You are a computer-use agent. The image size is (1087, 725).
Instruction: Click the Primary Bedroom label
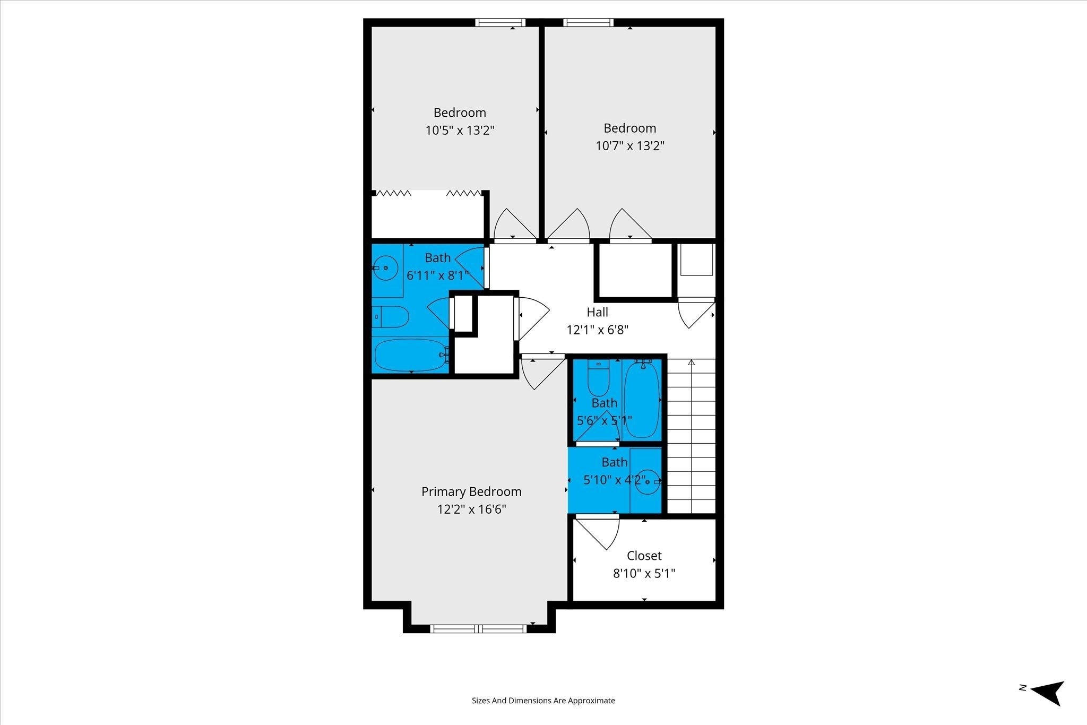click(471, 492)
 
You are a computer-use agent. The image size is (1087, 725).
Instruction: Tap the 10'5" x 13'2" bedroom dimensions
click(460, 130)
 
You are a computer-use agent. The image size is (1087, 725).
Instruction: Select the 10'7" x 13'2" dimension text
click(630, 145)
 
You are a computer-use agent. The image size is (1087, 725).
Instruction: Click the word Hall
click(597, 312)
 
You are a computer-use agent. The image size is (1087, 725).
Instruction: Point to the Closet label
click(644, 556)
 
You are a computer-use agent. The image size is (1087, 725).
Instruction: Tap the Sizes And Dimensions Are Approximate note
click(543, 701)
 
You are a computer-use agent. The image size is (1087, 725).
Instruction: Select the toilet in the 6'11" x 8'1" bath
click(390, 317)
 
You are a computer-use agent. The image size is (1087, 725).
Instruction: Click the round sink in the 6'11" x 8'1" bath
click(385, 268)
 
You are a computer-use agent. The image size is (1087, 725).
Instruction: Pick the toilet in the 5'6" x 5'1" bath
click(598, 378)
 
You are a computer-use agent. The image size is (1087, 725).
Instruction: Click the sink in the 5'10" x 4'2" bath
click(648, 482)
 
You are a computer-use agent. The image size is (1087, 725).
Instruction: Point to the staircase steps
click(691, 436)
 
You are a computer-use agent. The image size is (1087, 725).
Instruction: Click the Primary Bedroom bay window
click(479, 629)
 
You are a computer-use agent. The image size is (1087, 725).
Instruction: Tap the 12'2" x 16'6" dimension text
click(471, 510)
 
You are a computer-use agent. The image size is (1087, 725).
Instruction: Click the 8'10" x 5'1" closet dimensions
click(644, 573)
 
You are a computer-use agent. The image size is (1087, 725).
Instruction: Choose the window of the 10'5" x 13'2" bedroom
click(500, 22)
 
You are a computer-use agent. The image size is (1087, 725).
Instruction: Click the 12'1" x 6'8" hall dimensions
click(597, 330)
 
